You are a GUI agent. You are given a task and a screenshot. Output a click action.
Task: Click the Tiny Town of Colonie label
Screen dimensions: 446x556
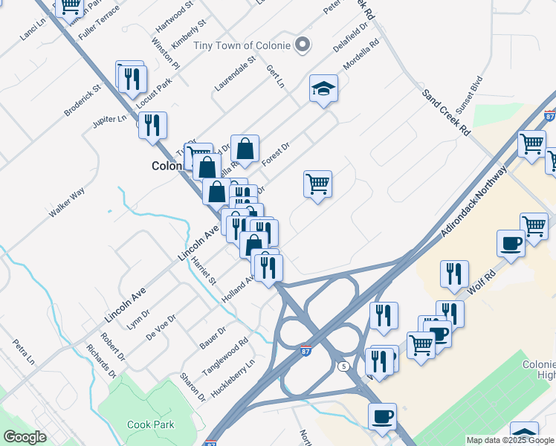[242, 45]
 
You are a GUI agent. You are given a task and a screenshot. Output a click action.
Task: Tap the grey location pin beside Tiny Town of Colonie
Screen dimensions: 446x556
[302, 45]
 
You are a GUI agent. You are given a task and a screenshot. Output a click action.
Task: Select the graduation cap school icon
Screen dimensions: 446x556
[323, 90]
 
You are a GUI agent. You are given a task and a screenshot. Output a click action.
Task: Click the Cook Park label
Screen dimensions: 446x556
[150, 424]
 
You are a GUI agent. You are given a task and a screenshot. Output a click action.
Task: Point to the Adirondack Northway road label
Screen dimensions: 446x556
[473, 201]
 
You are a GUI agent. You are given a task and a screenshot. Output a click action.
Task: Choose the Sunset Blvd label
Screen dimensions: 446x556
[469, 94]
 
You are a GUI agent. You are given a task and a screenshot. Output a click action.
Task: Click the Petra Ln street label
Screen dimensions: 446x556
[24, 355]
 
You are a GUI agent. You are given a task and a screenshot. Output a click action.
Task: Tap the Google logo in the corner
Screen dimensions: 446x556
[25, 437]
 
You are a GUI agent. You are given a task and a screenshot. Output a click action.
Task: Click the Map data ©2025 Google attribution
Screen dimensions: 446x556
[510, 440]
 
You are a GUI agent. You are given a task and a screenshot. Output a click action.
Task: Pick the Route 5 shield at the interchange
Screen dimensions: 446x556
[343, 366]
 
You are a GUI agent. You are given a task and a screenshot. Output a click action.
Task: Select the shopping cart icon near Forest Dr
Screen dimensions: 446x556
[317, 183]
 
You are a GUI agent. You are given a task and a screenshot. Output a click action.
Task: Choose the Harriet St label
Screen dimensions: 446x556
[202, 272]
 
